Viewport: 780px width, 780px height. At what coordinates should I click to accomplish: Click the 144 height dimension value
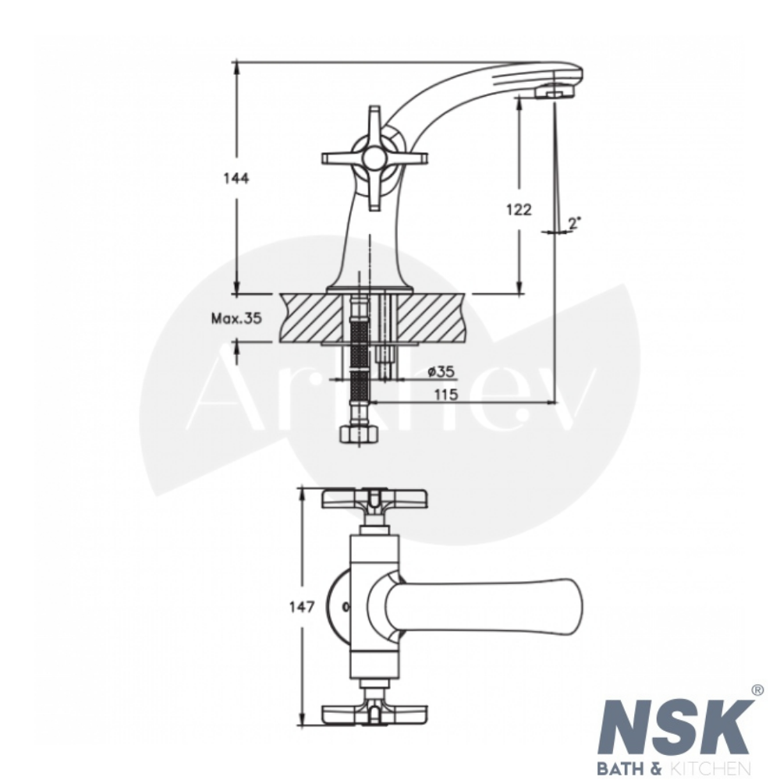236,178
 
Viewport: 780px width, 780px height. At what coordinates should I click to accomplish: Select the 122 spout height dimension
519,209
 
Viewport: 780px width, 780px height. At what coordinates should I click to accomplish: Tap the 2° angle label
575,223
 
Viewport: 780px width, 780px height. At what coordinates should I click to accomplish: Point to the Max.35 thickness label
236,318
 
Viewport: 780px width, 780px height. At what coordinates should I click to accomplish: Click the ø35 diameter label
441,371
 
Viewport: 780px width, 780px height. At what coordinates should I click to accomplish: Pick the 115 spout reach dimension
445,395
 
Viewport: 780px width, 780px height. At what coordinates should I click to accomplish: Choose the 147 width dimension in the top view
302,607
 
